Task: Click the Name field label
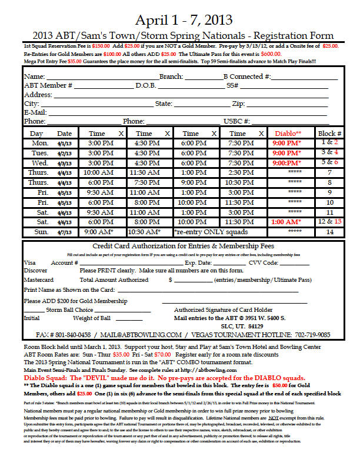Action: tap(34, 76)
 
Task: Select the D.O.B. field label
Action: tap(147, 85)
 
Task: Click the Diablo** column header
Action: tap(287, 134)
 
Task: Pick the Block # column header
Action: tap(330, 134)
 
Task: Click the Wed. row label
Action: tap(41, 162)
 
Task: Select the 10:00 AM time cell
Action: tap(99, 172)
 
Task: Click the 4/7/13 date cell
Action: tap(65, 232)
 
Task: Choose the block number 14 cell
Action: tap(330, 232)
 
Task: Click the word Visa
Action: tap(29, 262)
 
